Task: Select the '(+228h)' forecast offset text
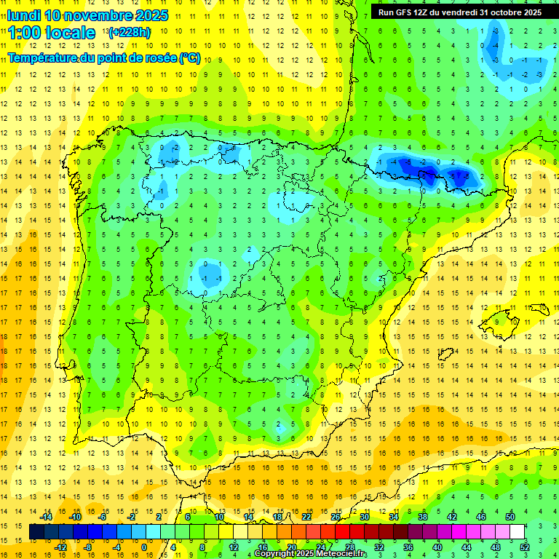[x=130, y=32]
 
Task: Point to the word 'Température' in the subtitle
[x=45, y=58]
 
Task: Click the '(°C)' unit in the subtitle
[x=190, y=58]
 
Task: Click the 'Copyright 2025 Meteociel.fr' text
[x=311, y=553]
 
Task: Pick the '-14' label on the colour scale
[x=45, y=517]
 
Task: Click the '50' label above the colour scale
[x=510, y=517]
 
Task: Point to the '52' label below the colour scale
[x=526, y=547]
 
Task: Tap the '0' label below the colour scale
[x=143, y=547]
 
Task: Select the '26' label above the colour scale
[x=336, y=517]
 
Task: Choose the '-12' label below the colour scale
[x=60, y=547]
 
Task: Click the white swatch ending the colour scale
[x=518, y=532]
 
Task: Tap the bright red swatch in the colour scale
[x=343, y=532]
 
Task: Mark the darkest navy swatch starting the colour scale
[x=37, y=532]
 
